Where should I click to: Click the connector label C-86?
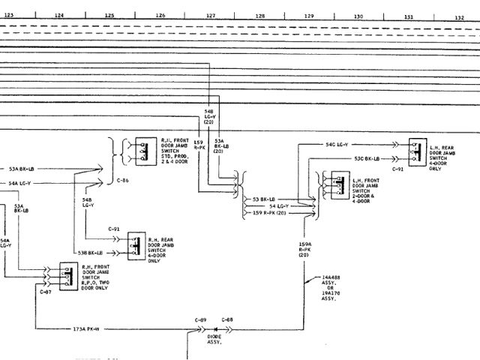(123, 181)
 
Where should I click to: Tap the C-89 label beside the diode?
(200, 319)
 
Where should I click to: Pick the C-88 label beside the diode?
(227, 319)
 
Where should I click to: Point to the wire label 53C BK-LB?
(367, 158)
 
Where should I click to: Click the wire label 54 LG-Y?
(279, 205)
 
